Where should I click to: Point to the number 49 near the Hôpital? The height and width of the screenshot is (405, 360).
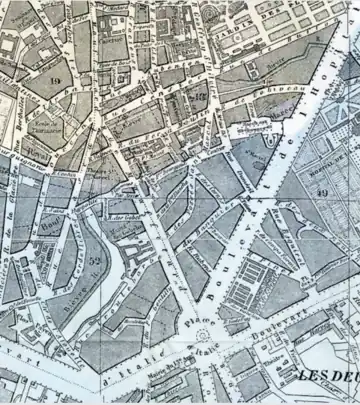(323, 191)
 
